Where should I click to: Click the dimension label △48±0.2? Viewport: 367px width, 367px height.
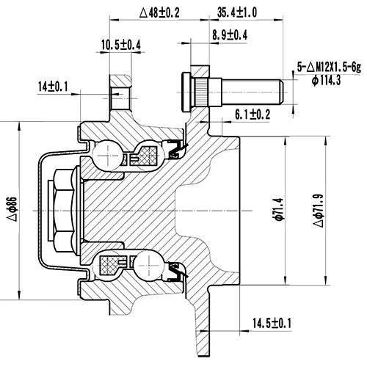point(160,12)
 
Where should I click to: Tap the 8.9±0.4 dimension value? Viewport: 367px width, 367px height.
point(229,34)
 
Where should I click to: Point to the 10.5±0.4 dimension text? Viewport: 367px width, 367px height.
point(121,46)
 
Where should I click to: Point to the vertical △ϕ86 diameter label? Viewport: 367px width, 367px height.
point(10,208)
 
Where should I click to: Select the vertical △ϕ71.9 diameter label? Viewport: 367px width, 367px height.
point(318,208)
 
